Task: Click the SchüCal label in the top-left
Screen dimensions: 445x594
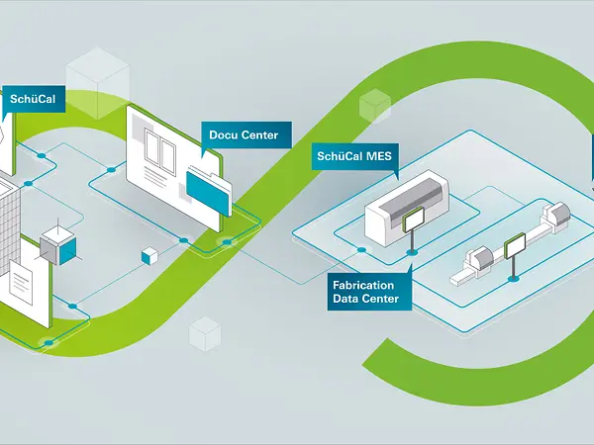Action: [x=35, y=100]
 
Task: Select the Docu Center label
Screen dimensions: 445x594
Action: [x=243, y=134]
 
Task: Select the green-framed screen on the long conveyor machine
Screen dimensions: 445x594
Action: [x=514, y=246]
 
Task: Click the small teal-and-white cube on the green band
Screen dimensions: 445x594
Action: [x=150, y=255]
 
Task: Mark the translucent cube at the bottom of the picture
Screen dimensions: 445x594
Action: [x=203, y=333]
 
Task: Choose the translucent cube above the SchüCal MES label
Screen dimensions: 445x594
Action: [x=375, y=103]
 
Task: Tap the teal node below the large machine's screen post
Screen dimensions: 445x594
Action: [x=412, y=253]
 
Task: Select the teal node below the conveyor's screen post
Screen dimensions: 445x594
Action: [x=512, y=279]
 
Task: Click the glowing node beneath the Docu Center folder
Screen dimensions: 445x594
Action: [x=227, y=241]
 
